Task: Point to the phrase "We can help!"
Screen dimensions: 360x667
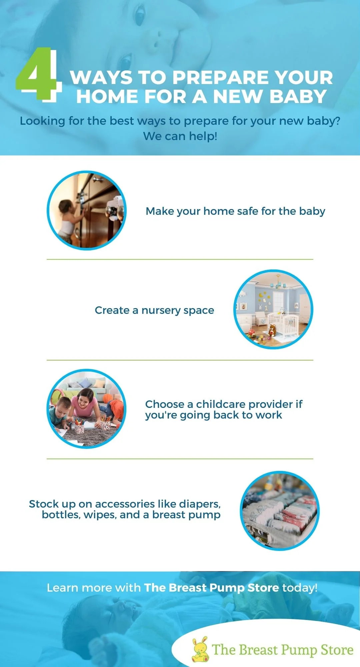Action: (180, 136)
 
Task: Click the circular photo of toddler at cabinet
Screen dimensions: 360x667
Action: (87, 210)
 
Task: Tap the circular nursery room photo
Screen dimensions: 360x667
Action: (273, 309)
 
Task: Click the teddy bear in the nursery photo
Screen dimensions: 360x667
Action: (273, 330)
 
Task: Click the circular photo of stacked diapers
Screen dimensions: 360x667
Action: (280, 511)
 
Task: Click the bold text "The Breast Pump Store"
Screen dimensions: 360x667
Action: (211, 588)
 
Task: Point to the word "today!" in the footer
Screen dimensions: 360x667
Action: (300, 588)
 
